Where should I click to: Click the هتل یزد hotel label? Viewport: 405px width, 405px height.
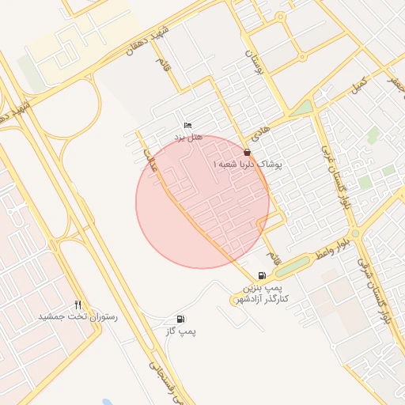189,137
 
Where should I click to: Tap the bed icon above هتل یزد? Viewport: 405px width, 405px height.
187,126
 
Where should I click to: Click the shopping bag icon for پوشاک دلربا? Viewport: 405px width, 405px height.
247,152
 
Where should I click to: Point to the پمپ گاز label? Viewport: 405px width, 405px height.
180,331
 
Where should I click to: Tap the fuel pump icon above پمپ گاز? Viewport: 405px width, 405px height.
182,319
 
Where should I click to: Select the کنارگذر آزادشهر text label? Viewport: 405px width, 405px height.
263,297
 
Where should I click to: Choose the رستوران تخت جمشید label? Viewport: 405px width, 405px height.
78,316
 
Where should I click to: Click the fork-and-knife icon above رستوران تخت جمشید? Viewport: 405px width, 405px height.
77,305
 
